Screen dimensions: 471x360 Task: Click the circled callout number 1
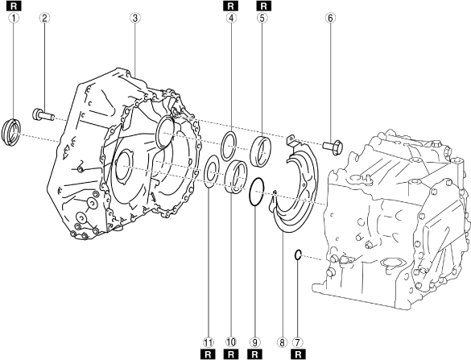click(14, 18)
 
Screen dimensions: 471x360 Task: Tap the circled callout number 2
click(44, 18)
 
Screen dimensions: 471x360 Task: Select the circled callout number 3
click(135, 18)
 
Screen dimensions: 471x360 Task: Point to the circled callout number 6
click(330, 18)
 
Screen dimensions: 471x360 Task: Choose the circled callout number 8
click(282, 342)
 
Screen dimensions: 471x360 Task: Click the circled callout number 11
click(209, 342)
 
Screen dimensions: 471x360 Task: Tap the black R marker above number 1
click(14, 6)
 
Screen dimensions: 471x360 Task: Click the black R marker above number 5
click(264, 6)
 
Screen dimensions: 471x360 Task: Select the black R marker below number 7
click(298, 354)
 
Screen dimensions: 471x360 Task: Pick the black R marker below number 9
click(254, 354)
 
